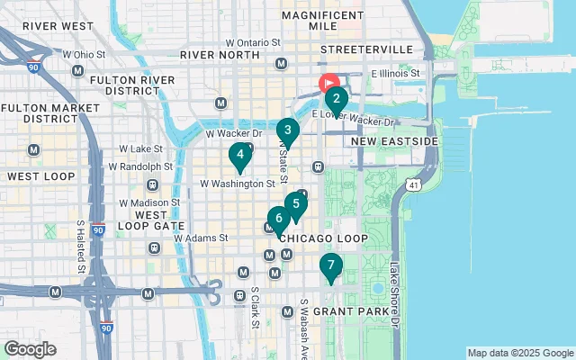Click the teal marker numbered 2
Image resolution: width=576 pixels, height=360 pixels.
(x=336, y=99)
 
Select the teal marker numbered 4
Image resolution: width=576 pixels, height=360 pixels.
(x=239, y=155)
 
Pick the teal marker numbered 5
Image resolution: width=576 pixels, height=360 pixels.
(x=296, y=204)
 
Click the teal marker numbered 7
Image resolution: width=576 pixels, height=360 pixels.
(x=331, y=265)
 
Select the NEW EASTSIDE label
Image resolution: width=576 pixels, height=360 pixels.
(x=394, y=142)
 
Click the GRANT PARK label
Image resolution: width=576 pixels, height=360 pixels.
(x=360, y=312)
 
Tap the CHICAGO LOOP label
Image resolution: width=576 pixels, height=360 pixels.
(x=323, y=238)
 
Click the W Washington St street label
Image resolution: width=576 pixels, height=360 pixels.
(x=236, y=184)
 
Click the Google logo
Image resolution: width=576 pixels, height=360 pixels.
(x=30, y=349)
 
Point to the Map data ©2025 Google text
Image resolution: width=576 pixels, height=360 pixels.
(x=519, y=353)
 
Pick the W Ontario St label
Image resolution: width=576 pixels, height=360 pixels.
(x=254, y=42)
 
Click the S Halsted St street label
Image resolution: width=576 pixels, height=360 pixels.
(x=80, y=247)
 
